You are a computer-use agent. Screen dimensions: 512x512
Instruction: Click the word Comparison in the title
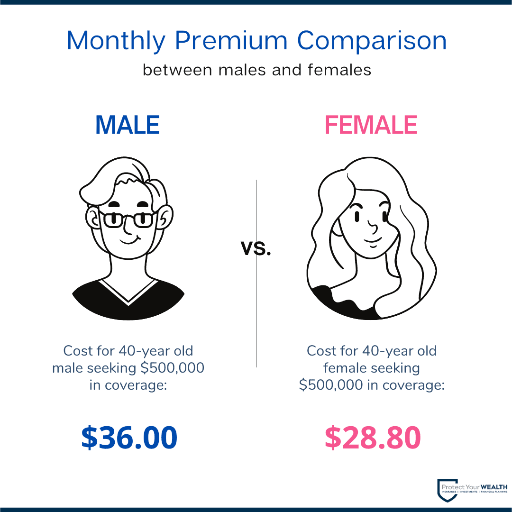coord(372,41)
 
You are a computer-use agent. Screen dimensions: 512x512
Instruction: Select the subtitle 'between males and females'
coord(256,70)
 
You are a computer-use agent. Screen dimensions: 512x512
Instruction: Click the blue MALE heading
coord(128,125)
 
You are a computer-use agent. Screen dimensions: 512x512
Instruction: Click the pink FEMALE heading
coord(371,125)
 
